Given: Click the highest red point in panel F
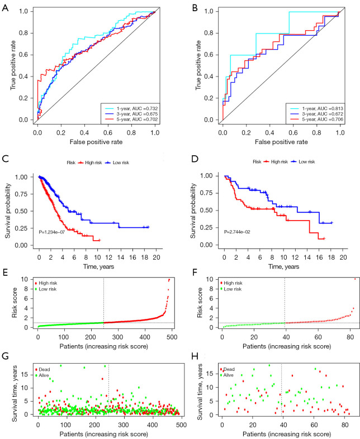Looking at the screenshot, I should tap(354, 279).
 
